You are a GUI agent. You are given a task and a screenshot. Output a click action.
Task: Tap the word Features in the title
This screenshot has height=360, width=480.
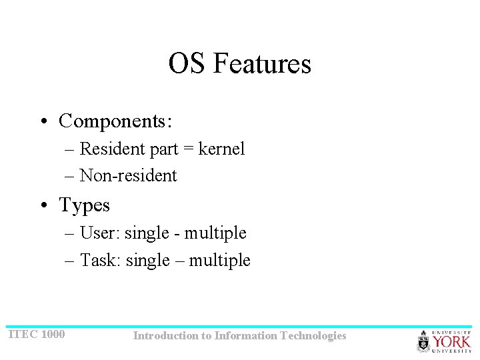coord(262,64)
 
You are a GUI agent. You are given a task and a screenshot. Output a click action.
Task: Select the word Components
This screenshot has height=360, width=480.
coord(113,121)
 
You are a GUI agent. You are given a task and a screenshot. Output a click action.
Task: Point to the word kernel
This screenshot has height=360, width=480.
coord(221,149)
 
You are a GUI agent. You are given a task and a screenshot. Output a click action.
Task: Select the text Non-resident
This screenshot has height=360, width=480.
coord(128,175)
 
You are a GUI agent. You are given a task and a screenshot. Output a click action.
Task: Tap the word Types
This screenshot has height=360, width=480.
coord(85,205)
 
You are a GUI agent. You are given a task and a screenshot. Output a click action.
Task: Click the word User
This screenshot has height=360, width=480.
coord(99,233)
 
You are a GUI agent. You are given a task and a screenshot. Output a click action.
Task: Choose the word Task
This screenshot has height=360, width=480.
coord(99,260)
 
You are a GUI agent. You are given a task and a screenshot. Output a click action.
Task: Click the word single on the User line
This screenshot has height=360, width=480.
coord(147,233)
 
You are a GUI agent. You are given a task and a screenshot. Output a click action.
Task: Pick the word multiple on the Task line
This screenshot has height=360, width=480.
coord(219,260)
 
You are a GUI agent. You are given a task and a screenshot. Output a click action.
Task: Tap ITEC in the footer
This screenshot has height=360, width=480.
coord(23,334)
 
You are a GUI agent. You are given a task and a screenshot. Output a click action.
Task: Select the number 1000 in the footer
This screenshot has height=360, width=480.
coord(53,334)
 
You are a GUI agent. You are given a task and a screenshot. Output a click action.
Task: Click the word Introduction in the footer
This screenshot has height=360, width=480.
coord(165,335)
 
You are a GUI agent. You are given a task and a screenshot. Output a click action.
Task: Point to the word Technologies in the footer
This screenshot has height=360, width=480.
coord(313,335)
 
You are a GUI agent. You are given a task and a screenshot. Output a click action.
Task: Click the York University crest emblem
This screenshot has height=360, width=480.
coord(424,341)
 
